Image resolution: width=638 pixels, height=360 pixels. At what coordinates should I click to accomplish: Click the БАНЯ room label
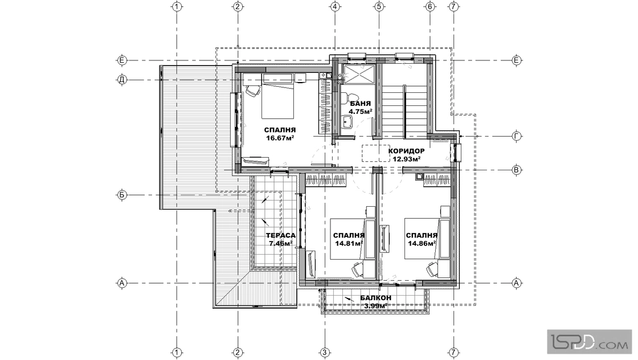[x=360, y=103]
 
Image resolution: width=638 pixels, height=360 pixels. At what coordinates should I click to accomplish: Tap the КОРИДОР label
[x=407, y=151]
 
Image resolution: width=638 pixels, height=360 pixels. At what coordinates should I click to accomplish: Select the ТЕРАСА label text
[x=281, y=235]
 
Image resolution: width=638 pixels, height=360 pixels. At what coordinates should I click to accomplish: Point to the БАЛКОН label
[x=375, y=298]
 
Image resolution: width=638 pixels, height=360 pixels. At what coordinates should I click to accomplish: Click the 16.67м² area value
[x=280, y=138]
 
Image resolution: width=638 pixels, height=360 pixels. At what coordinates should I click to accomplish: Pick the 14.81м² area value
[x=349, y=244]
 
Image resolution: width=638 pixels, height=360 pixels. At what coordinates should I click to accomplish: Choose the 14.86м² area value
[x=422, y=244]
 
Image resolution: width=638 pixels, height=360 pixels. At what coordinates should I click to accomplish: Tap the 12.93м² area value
[x=407, y=159]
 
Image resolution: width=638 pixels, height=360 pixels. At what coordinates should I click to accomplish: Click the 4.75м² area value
[x=361, y=111]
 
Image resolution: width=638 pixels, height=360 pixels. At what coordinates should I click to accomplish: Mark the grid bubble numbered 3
[x=324, y=352]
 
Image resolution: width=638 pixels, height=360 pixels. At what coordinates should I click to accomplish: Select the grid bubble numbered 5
[x=379, y=6]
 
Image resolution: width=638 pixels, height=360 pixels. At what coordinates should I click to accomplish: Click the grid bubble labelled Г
[x=517, y=136]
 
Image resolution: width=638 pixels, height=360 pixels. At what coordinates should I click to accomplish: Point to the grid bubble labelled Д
[x=122, y=80]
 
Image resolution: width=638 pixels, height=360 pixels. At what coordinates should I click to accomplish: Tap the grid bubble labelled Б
[x=122, y=195]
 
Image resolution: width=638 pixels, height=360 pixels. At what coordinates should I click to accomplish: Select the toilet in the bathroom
[x=345, y=98]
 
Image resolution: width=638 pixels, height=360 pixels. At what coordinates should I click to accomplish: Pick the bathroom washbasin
[x=347, y=121]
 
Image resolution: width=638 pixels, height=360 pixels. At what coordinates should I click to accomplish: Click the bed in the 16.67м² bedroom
[x=277, y=96]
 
